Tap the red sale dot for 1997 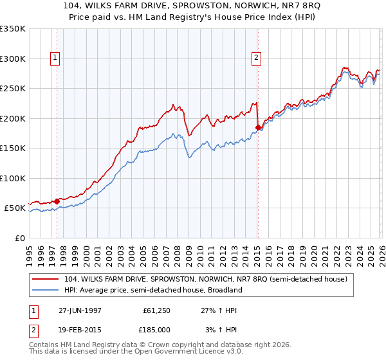[x=57, y=201]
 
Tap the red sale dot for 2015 [x=258, y=128]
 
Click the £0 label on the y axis [x=20, y=238]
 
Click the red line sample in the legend [x=46, y=280]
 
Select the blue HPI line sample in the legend [x=46, y=290]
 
